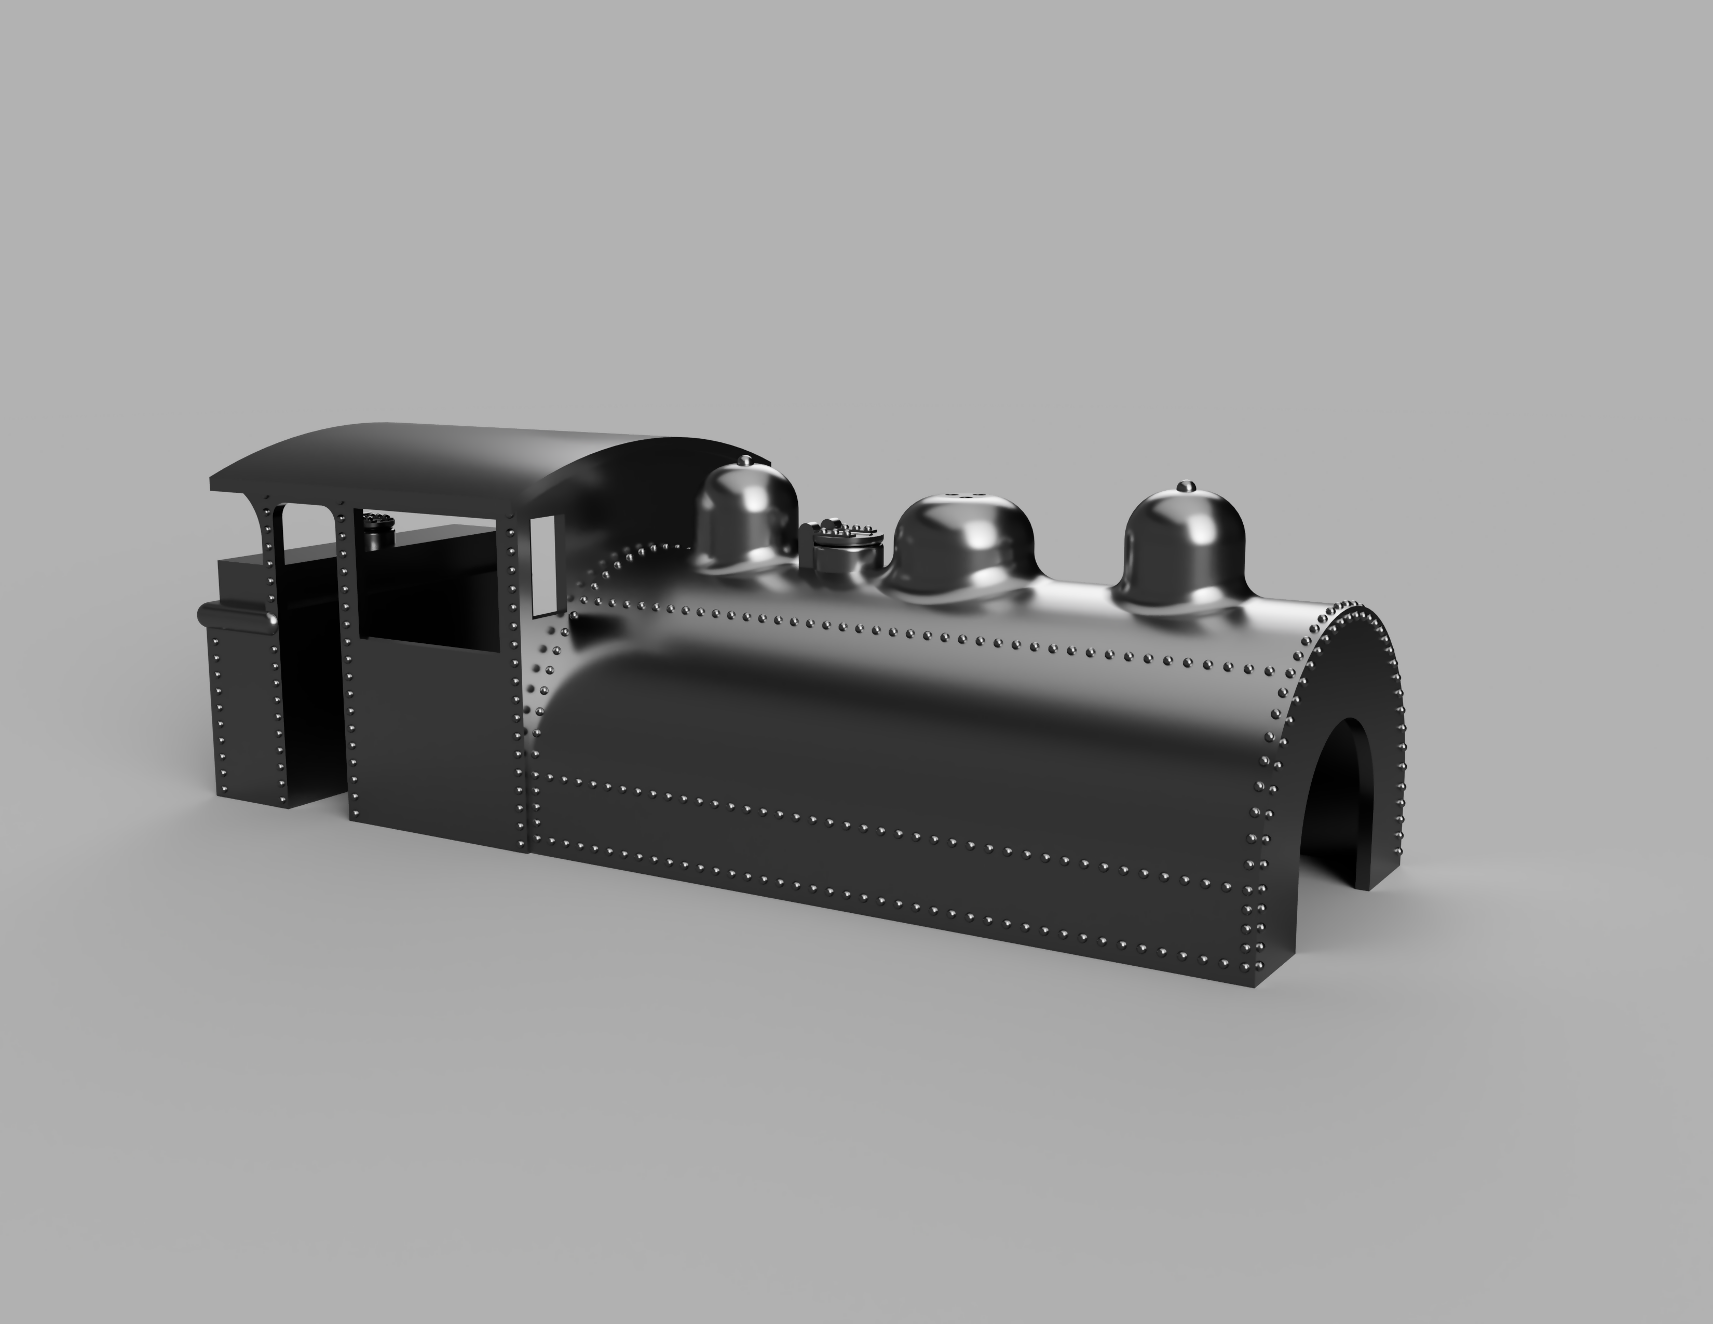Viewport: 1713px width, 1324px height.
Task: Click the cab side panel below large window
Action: pos(436,745)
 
